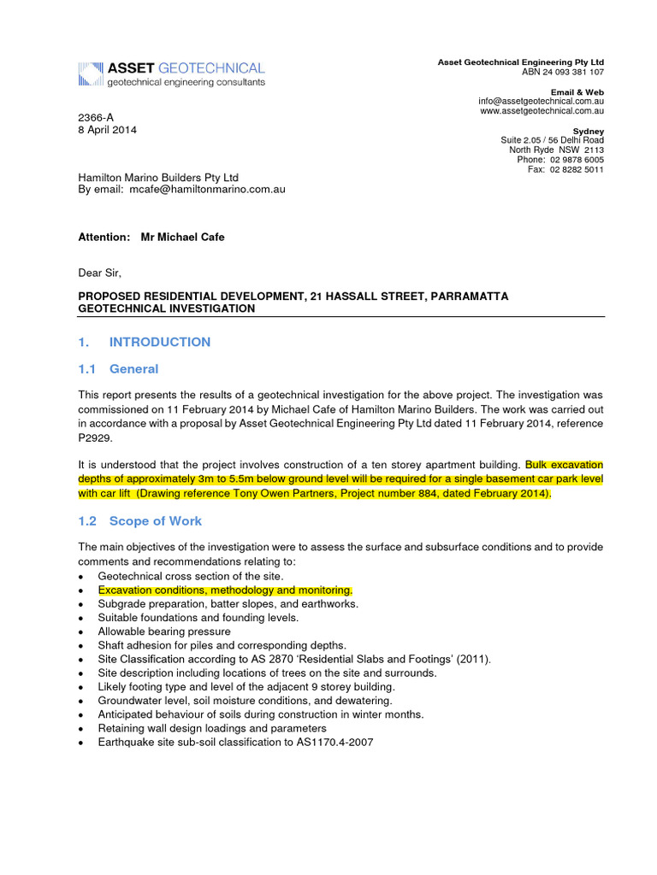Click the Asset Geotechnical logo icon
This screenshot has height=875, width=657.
pyautogui.click(x=91, y=74)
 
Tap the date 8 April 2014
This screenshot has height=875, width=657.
pyautogui.click(x=108, y=130)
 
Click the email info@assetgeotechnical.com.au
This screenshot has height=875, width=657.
pyautogui.click(x=542, y=101)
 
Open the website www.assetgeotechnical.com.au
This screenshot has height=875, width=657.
pyautogui.click(x=542, y=111)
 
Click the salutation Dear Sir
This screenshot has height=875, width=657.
pyautogui.click(x=100, y=273)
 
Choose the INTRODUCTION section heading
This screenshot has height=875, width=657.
pyautogui.click(x=160, y=342)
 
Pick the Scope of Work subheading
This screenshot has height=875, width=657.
pyautogui.click(x=156, y=520)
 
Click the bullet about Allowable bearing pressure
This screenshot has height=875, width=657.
pyautogui.click(x=164, y=631)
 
